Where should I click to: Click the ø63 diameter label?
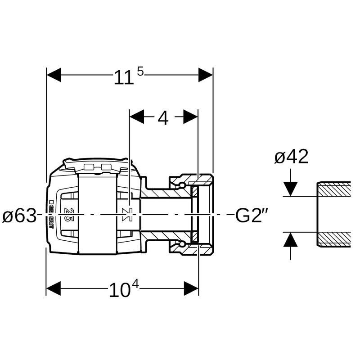[19, 216]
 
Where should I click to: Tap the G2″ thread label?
[252, 216]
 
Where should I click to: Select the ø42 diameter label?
[291, 157]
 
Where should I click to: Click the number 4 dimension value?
[163, 118]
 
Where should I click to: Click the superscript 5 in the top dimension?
[140, 71]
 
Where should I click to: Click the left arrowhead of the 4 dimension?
[136, 117]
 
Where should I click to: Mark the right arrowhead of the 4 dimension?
[191, 117]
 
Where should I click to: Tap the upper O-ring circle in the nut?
[181, 185]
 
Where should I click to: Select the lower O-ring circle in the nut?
[181, 243]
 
